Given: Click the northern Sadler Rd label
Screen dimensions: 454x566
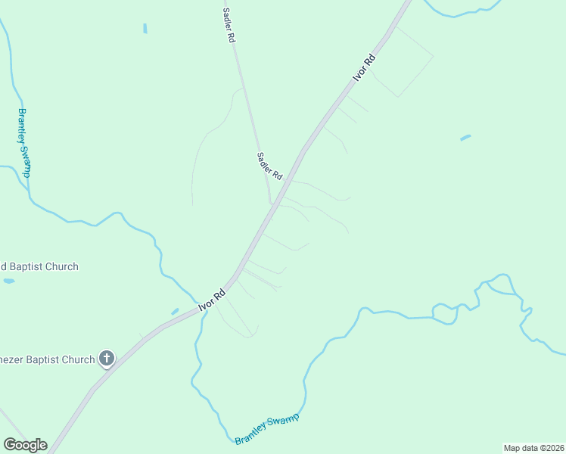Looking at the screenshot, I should [228, 25].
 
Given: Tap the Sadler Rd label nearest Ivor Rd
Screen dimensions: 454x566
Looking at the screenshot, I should [269, 166].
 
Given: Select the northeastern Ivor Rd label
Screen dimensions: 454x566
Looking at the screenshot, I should [364, 68].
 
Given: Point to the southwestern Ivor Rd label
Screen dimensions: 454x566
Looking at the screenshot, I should [212, 300].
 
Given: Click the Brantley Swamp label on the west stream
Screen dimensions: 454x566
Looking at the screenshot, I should [24, 143].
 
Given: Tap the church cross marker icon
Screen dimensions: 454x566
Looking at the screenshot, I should [107, 359].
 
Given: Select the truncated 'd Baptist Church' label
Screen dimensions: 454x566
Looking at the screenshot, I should [39, 266].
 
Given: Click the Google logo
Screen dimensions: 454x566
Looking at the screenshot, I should [25, 445].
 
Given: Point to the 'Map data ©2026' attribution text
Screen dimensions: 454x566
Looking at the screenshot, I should [533, 447].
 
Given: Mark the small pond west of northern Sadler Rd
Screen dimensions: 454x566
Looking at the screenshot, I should [145, 29].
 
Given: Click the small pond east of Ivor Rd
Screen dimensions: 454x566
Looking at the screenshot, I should [465, 138].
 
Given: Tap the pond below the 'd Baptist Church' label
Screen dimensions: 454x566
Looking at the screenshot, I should [8, 281].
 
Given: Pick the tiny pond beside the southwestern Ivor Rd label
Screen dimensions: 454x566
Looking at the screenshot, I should [175, 311].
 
